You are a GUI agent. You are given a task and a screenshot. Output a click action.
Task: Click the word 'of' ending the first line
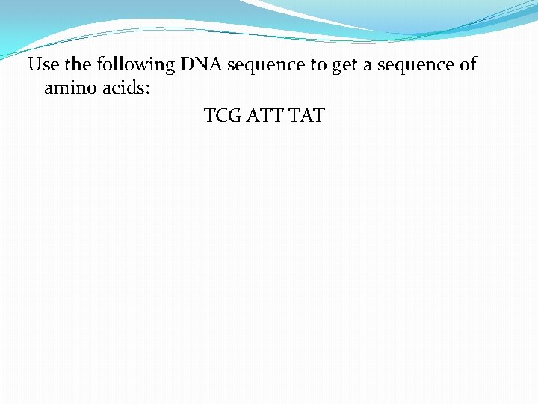(468, 65)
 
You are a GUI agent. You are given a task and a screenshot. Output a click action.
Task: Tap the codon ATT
(265, 116)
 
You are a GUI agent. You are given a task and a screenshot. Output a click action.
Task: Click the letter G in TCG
(235, 116)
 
